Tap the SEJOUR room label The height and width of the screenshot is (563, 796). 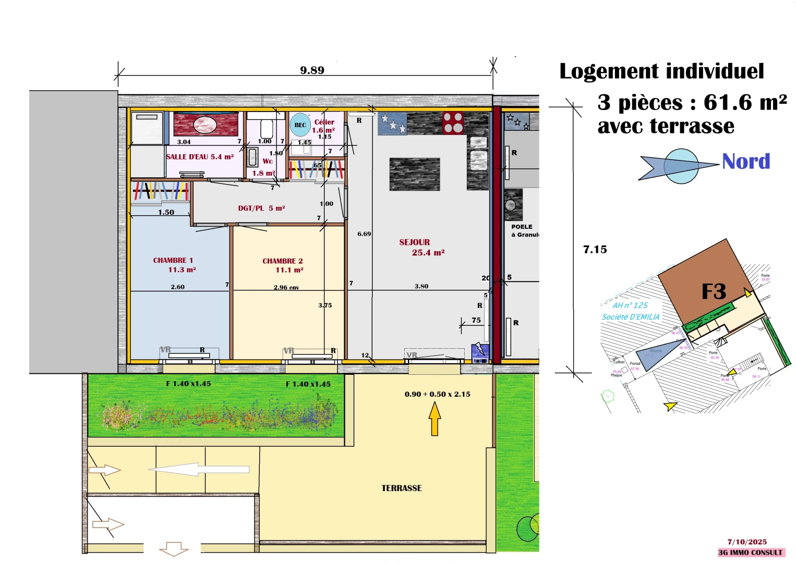click(415, 242)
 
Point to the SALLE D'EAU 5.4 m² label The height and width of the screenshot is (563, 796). click(200, 157)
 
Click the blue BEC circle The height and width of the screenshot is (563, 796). click(300, 125)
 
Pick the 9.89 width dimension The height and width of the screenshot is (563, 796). click(312, 70)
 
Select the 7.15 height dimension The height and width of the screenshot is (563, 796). click(595, 250)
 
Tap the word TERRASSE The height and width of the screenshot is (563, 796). click(402, 488)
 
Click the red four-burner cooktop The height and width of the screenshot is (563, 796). click(453, 123)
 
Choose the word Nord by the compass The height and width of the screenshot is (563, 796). click(746, 162)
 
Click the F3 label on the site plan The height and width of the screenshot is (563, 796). click(714, 291)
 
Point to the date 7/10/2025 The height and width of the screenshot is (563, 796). click(747, 542)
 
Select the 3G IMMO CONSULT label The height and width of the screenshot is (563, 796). click(750, 553)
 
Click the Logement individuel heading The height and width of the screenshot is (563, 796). click(661, 71)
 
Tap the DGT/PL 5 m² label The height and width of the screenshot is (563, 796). click(261, 208)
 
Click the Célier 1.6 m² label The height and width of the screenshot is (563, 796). click(324, 126)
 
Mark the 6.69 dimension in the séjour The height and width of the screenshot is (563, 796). click(364, 234)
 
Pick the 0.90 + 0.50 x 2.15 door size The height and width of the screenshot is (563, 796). click(437, 394)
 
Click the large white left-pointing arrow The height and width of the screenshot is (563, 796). click(198, 469)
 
